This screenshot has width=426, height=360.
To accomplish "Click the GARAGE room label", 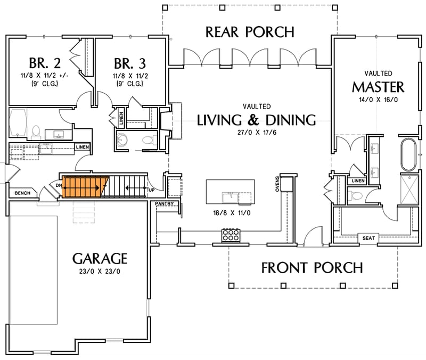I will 100,259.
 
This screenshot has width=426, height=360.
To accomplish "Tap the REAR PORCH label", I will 250,32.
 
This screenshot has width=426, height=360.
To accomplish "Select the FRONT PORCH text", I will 312,267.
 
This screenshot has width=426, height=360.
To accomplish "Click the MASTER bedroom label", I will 378,86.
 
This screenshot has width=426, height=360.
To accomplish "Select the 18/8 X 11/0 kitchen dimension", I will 230,212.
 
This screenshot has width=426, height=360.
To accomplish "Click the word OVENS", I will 277,185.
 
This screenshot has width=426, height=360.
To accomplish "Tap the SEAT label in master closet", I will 368,238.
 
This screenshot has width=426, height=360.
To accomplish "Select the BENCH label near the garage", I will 22,193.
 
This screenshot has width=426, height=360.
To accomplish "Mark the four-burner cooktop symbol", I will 230,235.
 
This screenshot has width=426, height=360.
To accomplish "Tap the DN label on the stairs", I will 59,185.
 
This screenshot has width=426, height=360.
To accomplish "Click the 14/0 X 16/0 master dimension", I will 379,100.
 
